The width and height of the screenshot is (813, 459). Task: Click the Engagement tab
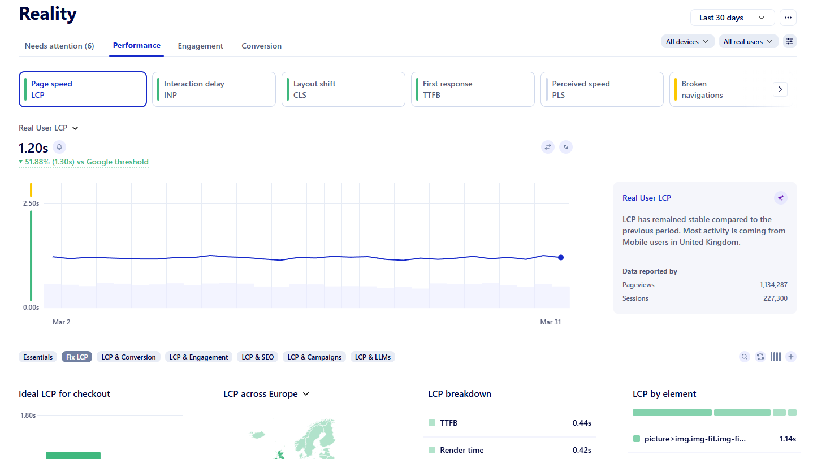[200, 46]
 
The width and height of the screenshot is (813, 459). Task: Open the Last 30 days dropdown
[732, 18]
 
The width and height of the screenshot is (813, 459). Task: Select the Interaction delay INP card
[214, 89]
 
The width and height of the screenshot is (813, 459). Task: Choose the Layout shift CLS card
[343, 89]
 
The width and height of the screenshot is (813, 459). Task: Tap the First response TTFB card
[473, 89]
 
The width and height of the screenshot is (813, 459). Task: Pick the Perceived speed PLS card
[602, 89]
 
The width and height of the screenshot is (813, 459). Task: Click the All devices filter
[687, 41]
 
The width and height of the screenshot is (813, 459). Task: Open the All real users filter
[748, 41]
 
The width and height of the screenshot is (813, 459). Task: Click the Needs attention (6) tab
[59, 46]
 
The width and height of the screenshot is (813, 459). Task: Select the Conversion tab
[261, 46]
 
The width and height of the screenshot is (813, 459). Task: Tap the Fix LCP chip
[77, 357]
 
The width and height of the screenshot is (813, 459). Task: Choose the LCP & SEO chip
[257, 357]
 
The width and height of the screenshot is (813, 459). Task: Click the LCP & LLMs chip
[373, 357]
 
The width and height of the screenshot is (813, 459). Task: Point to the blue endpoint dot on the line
[561, 257]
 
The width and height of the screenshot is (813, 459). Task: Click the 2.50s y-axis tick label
[31, 203]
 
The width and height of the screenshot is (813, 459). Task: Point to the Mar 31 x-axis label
[550, 322]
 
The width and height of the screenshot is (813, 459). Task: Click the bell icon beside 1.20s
[59, 147]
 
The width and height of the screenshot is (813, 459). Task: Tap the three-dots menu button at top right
[788, 18]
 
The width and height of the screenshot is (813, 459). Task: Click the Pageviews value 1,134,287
[773, 285]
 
